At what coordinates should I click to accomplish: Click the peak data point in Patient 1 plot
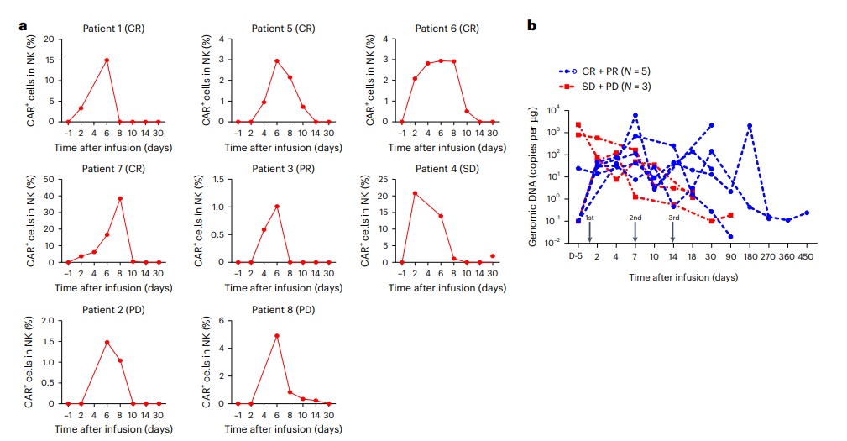coord(107,60)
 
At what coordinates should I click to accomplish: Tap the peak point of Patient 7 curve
coord(120,199)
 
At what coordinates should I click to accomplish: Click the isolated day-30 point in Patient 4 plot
coord(492,255)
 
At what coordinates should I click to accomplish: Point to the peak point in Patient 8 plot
coord(276,336)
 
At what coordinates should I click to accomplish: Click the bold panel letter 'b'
coord(531,26)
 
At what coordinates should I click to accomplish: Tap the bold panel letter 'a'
coord(23,26)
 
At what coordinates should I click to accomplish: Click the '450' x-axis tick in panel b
coord(806,255)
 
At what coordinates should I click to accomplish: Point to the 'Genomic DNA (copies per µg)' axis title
coord(534,177)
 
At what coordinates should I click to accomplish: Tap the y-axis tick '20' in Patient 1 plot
coord(50,39)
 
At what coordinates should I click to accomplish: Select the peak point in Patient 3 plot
coord(276,206)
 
